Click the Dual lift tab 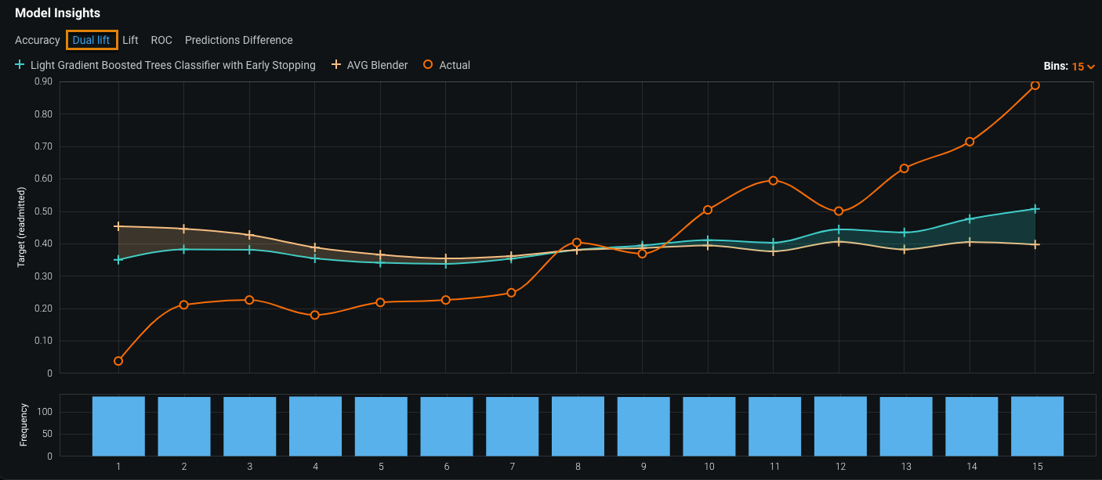coord(91,40)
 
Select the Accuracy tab coord(38,40)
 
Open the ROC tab coord(161,40)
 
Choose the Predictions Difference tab coord(239,40)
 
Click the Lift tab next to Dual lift coord(130,40)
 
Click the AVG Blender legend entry coord(377,65)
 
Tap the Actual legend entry coord(454,65)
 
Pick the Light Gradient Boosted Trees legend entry coord(172,65)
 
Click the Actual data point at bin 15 coord(1035,85)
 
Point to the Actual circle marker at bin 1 coord(118,361)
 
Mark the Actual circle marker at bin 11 coord(774,180)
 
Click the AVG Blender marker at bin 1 coord(118,226)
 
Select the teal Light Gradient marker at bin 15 coord(1035,209)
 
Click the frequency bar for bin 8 coord(578,426)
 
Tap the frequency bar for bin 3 coord(249,426)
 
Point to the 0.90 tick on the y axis coord(43,81)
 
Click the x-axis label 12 coord(840,467)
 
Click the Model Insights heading coord(57,13)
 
